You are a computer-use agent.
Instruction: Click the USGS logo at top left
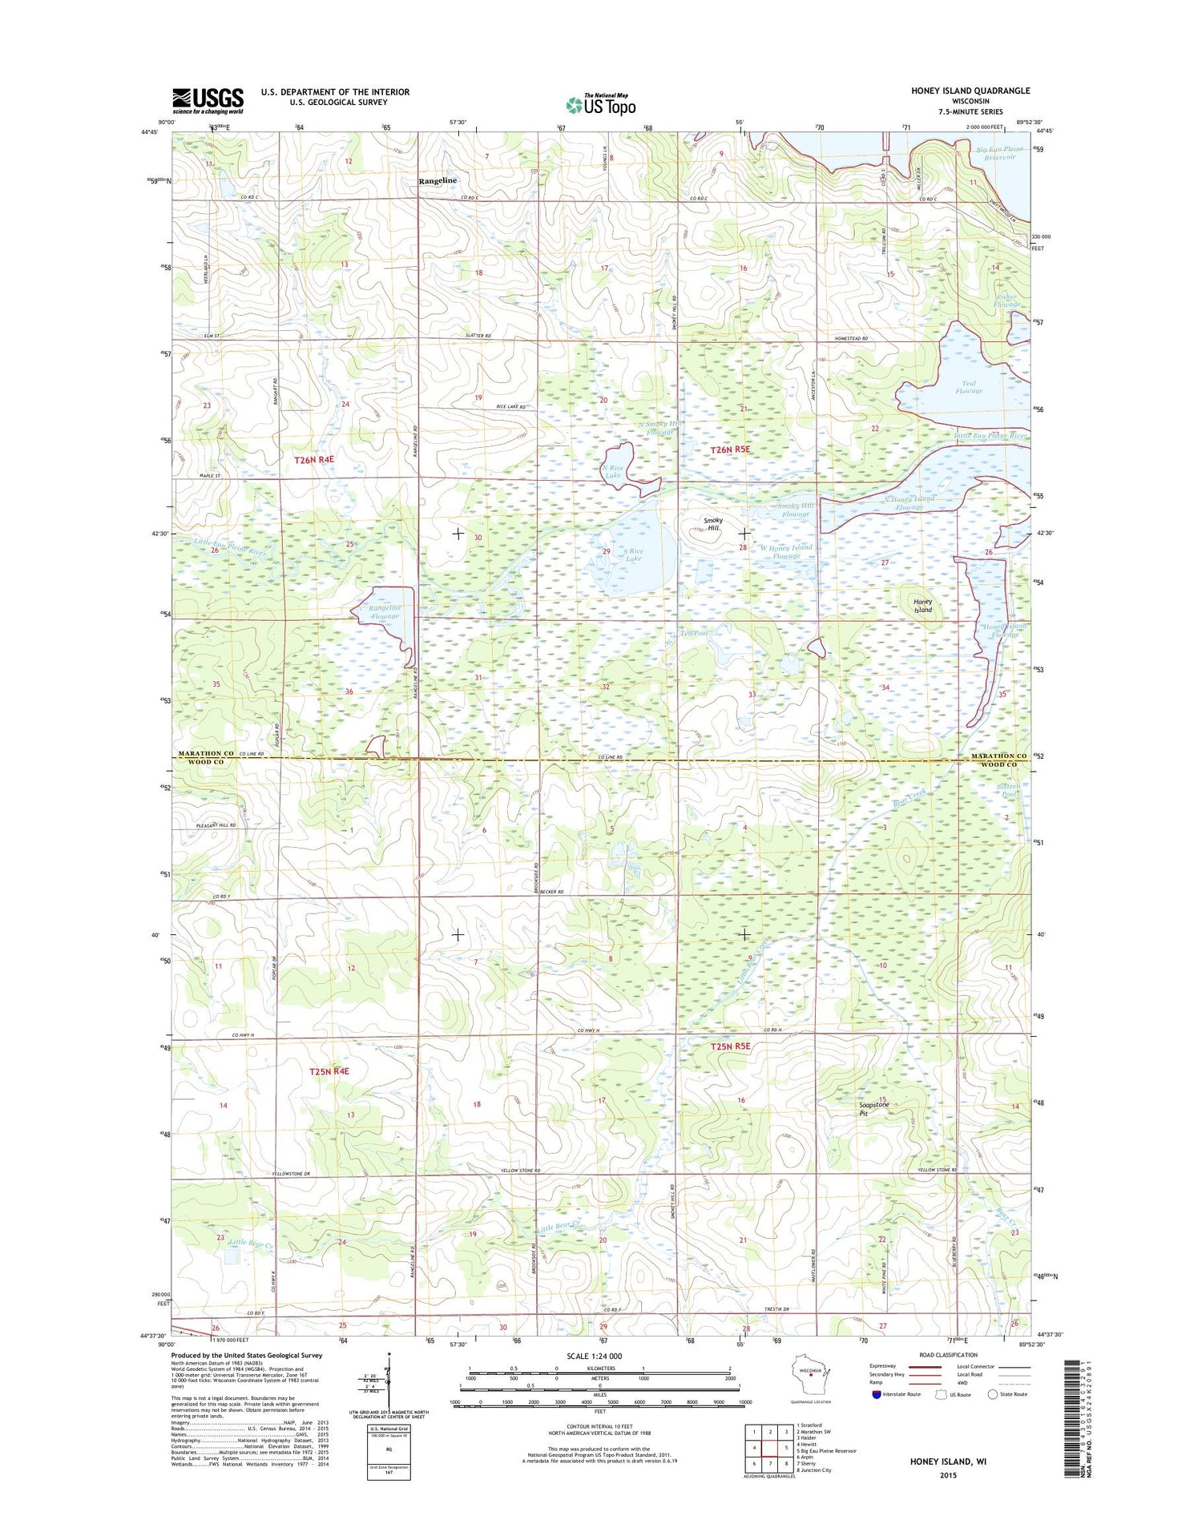[208, 101]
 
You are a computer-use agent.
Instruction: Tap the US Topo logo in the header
[601, 104]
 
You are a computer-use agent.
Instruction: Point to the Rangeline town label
[438, 181]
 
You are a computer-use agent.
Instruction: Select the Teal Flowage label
[969, 387]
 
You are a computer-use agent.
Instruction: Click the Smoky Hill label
[713, 524]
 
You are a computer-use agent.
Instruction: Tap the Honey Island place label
[923, 606]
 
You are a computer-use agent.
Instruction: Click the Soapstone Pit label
[873, 1109]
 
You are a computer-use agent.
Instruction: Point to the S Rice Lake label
[633, 554]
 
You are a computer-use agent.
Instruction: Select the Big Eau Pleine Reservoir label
[995, 153]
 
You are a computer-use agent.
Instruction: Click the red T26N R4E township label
[319, 460]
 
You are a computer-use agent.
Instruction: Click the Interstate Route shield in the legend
[876, 1394]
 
